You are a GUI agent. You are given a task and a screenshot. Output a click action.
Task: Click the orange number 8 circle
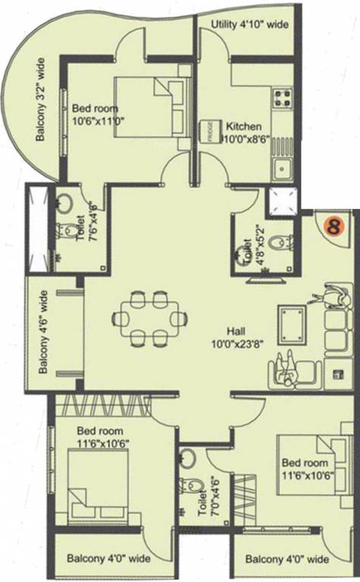point(332,225)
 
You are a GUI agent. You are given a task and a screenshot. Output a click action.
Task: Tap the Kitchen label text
point(243,127)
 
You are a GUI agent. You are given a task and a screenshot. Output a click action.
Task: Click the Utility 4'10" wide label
point(251,25)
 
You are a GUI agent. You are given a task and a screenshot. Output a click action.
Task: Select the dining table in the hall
point(149,318)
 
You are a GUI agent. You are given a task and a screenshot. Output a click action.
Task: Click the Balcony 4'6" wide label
point(45,331)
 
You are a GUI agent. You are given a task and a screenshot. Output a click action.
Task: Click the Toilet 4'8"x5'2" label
point(246,242)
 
